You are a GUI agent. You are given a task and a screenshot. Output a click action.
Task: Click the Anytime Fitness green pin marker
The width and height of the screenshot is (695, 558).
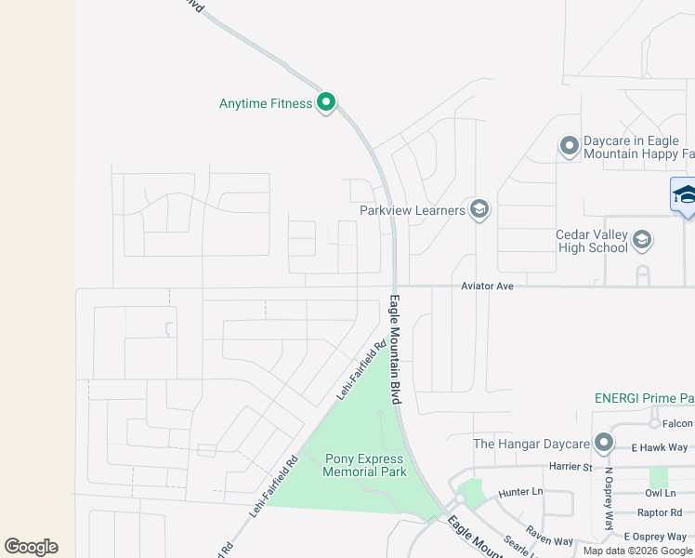[x=325, y=102]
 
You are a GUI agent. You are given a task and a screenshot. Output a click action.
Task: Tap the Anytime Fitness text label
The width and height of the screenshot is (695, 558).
[x=266, y=103]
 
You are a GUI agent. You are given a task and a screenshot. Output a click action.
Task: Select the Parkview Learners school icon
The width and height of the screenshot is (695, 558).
[x=479, y=209]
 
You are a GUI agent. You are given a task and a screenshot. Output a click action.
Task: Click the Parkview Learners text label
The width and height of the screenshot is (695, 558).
[x=413, y=210]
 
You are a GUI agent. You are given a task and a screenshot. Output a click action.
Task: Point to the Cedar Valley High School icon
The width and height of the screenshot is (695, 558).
[x=641, y=242]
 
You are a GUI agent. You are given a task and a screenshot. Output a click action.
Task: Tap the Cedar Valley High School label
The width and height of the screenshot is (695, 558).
[x=591, y=242]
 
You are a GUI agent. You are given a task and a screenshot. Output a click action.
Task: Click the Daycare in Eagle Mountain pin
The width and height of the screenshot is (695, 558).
[x=570, y=146]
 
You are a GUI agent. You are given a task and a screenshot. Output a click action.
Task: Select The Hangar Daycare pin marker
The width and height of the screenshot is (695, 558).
[x=605, y=443]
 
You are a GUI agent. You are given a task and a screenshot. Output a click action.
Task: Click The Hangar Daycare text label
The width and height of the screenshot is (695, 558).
[x=531, y=444]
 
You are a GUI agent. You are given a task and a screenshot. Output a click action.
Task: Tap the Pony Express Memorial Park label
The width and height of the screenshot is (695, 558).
[x=364, y=465]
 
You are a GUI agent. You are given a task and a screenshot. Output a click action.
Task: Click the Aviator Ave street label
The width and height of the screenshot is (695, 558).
[x=488, y=286]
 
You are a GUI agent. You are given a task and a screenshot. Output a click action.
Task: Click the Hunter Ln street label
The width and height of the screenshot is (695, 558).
[x=520, y=491]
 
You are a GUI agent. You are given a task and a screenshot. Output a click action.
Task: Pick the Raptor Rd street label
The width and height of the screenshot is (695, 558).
[x=661, y=512]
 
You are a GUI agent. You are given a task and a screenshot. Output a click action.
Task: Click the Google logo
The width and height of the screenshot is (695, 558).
[x=31, y=547]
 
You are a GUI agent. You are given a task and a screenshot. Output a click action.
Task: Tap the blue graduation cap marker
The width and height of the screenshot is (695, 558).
[x=685, y=194]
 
